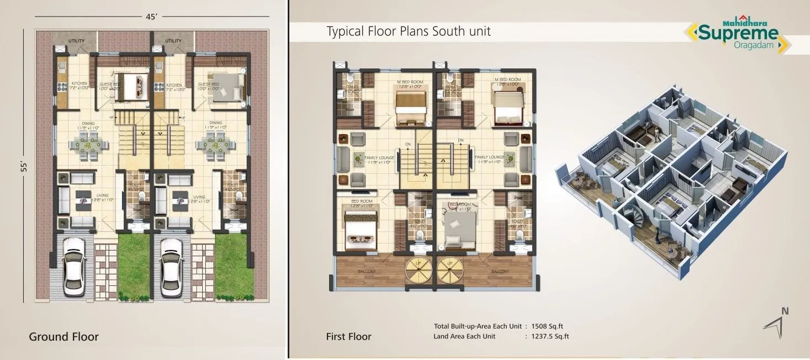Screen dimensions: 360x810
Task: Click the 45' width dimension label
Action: point(152,17)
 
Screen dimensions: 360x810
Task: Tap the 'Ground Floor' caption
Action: point(63,336)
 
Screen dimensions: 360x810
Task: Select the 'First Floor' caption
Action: point(348,336)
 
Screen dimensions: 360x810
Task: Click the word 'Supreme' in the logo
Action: point(738,34)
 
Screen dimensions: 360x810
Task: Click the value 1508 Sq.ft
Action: point(550,326)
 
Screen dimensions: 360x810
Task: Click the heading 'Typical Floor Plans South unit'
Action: point(409,31)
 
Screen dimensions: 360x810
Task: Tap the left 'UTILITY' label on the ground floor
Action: point(76,41)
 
